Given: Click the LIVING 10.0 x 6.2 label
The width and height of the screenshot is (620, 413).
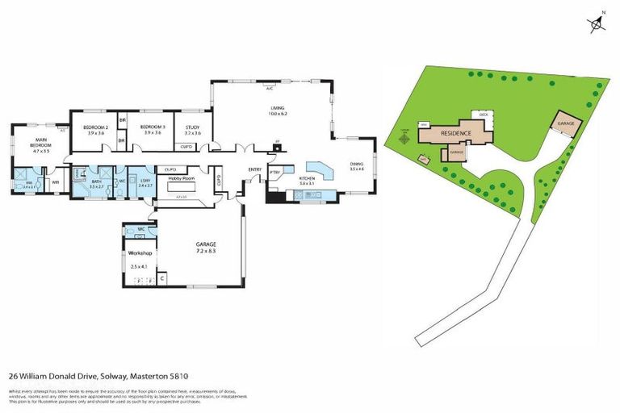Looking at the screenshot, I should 279,111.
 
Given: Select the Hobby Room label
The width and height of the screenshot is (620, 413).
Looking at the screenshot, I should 182,178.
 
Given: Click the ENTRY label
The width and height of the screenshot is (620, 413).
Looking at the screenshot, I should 254,169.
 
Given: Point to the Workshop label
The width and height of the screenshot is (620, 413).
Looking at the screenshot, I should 140,253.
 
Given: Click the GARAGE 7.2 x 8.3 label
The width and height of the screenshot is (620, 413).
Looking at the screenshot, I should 206,247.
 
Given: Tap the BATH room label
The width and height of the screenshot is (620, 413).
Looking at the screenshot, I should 96,182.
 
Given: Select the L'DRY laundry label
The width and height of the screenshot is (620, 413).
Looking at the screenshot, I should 145,182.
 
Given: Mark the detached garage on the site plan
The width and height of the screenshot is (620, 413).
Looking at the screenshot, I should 565,124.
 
